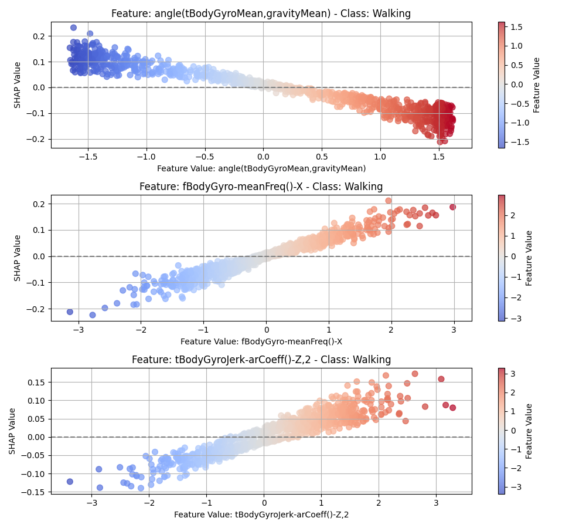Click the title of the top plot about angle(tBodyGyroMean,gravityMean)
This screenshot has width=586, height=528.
(x=261, y=13)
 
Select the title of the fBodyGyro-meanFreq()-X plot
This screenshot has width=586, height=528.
(x=261, y=187)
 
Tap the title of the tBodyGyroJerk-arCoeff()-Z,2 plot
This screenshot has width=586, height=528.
(x=261, y=360)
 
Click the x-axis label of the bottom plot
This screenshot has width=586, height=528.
(x=261, y=515)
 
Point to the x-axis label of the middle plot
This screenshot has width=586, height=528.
(x=261, y=341)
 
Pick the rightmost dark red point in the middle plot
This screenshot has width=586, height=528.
(x=452, y=207)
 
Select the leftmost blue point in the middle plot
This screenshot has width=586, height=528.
(x=70, y=312)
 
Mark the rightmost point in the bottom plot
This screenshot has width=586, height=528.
(x=452, y=407)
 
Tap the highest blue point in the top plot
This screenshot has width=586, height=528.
(x=73, y=28)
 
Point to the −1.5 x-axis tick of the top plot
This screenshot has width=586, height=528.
(x=88, y=157)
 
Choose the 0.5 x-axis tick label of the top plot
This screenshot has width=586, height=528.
(x=322, y=157)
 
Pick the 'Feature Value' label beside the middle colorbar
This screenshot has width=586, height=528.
(x=529, y=258)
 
